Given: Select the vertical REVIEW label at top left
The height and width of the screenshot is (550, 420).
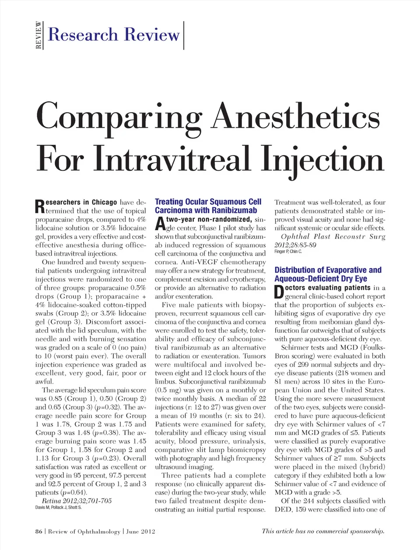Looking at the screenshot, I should (x=39, y=35).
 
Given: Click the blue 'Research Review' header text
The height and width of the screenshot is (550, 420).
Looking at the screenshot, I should (x=114, y=35).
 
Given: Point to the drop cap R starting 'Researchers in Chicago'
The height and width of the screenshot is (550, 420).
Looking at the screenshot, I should (x=39, y=207).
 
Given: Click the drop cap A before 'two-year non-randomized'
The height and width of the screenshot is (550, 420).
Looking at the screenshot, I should (x=160, y=223).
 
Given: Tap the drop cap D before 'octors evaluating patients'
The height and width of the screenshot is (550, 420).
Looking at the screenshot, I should (x=279, y=292).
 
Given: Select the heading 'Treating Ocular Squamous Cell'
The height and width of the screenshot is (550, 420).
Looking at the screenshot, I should (x=208, y=202).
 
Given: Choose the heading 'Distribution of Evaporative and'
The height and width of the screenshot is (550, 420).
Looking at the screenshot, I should (x=328, y=270).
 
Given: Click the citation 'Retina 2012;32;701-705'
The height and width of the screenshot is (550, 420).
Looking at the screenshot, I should (x=77, y=501).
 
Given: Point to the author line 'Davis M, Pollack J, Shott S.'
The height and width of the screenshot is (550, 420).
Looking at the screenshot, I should (x=58, y=507).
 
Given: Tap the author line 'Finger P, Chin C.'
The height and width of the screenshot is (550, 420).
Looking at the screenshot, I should (x=288, y=251).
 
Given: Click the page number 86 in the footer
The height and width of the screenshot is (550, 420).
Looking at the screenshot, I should (x=38, y=531).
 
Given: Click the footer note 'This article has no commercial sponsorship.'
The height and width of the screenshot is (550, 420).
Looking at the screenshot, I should (x=323, y=531).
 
